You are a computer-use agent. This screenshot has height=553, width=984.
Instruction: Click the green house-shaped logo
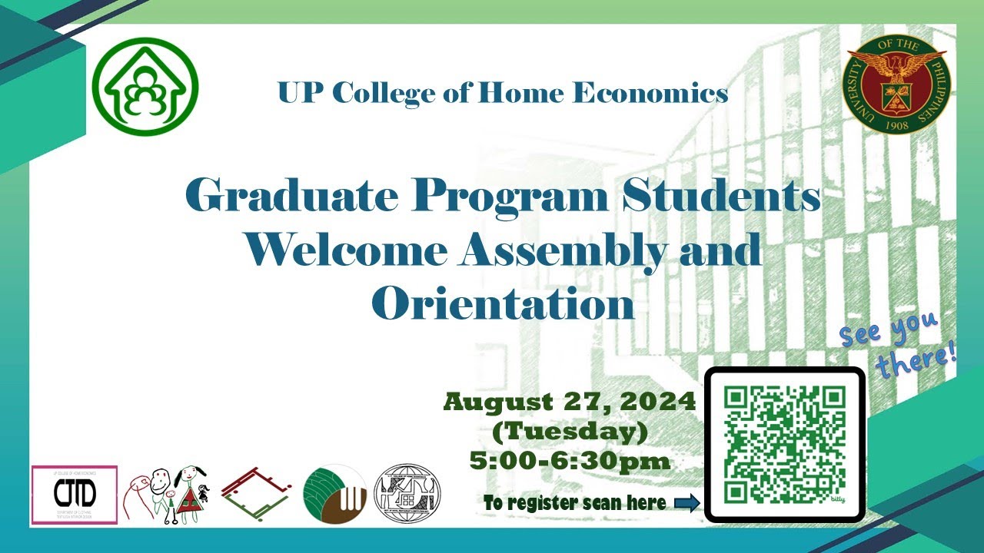(x=145, y=86)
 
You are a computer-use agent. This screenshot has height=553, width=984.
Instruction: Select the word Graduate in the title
(x=294, y=197)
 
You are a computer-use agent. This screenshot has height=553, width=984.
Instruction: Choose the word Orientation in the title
(x=503, y=303)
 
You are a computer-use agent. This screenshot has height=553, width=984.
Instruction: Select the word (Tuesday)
(x=569, y=432)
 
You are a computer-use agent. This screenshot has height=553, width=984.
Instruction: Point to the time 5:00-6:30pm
(x=570, y=461)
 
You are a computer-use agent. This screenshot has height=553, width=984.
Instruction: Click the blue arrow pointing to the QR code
(x=686, y=503)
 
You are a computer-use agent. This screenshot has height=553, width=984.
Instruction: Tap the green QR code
(x=785, y=444)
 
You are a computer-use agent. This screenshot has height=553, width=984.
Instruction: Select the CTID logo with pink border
(x=74, y=495)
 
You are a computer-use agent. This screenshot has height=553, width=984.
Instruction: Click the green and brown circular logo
(x=334, y=495)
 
